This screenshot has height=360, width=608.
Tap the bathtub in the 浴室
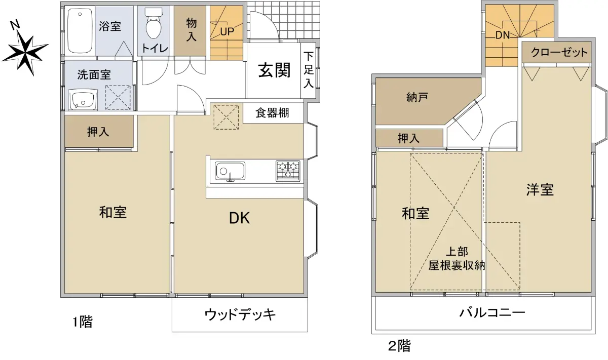point(80,31)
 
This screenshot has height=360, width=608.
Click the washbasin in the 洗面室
point(83,100)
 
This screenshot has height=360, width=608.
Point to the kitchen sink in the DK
point(230,171)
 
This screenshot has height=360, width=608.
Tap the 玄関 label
point(275,70)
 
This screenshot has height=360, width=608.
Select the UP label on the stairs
point(227,32)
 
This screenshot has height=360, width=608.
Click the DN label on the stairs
point(503,35)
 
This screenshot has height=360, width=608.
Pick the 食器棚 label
point(272,112)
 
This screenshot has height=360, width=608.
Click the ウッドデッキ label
point(240,314)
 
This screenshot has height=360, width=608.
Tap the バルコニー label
point(492,313)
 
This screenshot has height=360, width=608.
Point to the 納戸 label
point(417,97)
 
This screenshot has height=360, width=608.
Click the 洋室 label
point(540,190)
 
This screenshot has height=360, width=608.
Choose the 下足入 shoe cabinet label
point(309,70)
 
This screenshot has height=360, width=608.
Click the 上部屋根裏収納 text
point(457,259)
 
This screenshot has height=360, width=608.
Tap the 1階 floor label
point(83,322)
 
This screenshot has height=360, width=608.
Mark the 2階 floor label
point(399,346)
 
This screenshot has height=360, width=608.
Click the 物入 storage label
point(192,30)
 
